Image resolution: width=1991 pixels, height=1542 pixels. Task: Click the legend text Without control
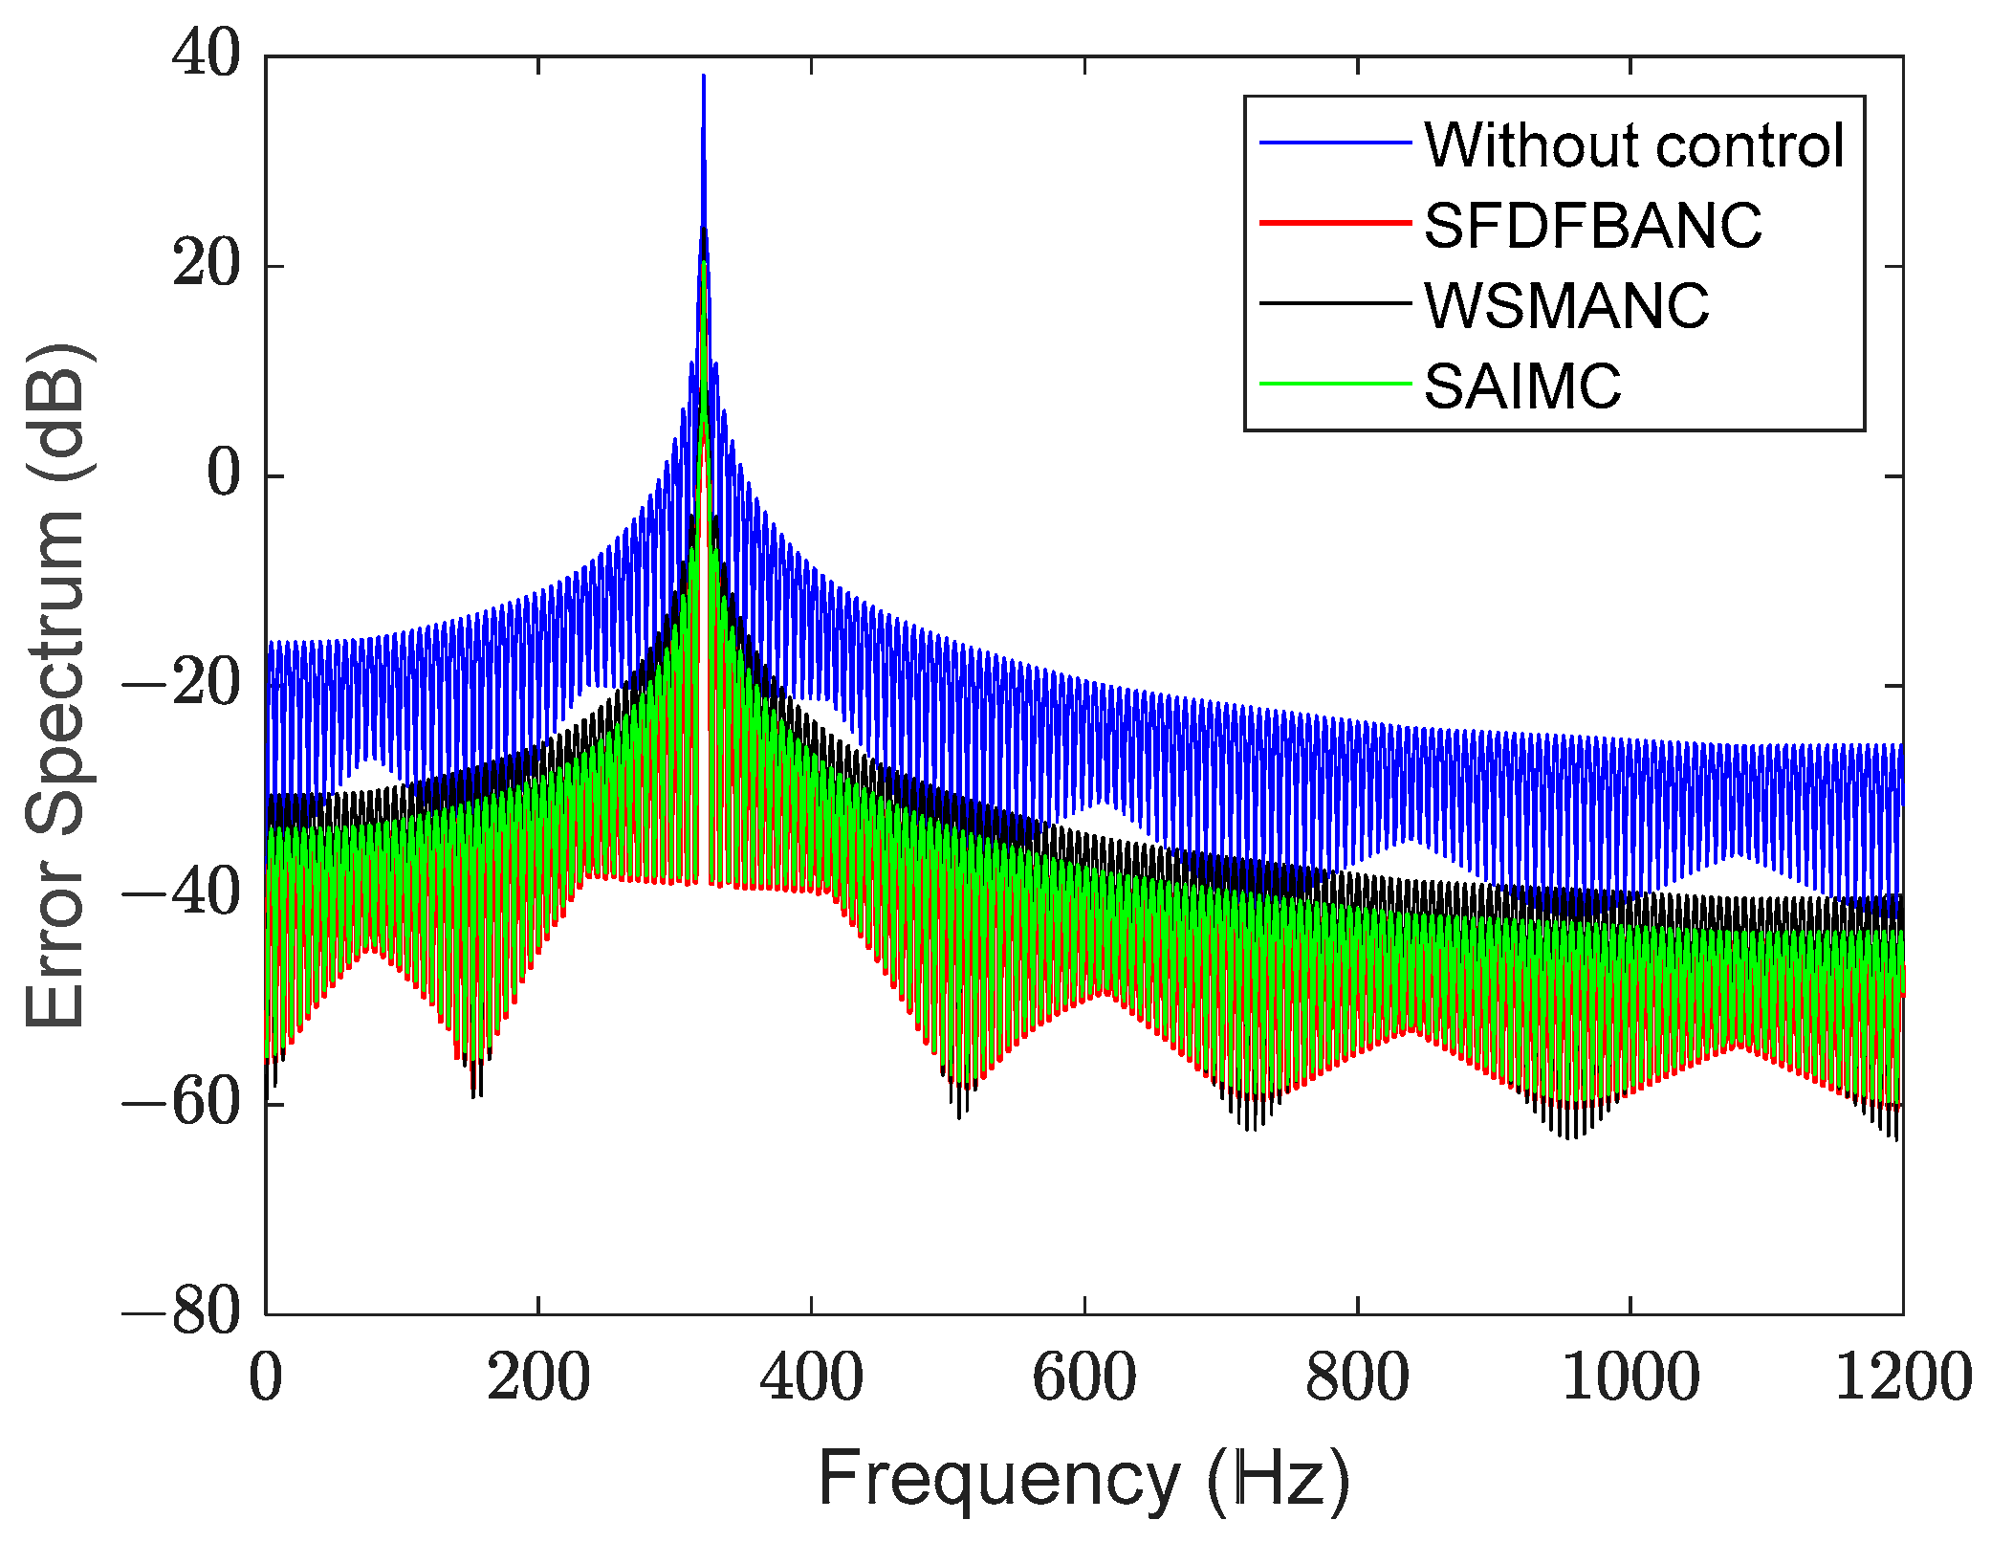click(x=1633, y=145)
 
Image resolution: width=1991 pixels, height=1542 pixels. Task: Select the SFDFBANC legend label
click(x=1592, y=226)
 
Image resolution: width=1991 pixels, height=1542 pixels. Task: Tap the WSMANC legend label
click(x=1566, y=306)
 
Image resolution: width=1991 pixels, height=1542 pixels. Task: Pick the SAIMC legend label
click(x=1522, y=386)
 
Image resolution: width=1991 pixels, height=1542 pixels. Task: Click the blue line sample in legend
click(x=1335, y=143)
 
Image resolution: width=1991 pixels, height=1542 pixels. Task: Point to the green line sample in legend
click(x=1335, y=385)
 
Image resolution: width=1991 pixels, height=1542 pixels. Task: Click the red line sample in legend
click(x=1335, y=223)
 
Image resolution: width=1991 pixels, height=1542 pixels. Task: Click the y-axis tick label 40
click(x=207, y=55)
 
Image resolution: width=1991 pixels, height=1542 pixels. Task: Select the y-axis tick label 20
click(x=207, y=265)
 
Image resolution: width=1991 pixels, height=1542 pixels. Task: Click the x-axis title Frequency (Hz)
click(x=1083, y=1479)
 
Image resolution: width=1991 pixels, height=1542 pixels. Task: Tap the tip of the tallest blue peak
click(x=703, y=77)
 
